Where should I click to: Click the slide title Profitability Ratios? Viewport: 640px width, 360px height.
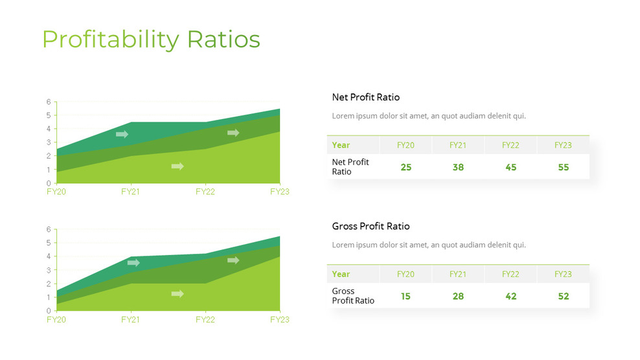pyautogui.click(x=151, y=39)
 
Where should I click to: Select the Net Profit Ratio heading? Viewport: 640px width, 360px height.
pyautogui.click(x=365, y=97)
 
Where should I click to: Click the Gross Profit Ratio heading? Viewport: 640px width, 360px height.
pyautogui.click(x=371, y=226)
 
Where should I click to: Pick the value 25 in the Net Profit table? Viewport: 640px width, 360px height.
pyautogui.click(x=406, y=167)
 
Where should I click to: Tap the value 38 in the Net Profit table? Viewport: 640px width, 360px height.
pyautogui.click(x=458, y=167)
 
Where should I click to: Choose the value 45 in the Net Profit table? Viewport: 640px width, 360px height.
pyautogui.click(x=510, y=167)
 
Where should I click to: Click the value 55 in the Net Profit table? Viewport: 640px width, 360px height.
pyautogui.click(x=563, y=167)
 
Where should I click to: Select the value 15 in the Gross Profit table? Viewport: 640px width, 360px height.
pyautogui.click(x=406, y=296)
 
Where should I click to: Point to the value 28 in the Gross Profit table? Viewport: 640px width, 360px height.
pyautogui.click(x=458, y=296)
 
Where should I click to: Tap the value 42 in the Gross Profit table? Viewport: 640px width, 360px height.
pyautogui.click(x=510, y=296)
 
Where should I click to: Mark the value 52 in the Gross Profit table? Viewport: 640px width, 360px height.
pyautogui.click(x=563, y=296)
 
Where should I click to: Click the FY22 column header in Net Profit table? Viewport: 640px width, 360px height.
pyautogui.click(x=510, y=145)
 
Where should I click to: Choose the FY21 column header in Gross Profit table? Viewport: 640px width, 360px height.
pyautogui.click(x=458, y=274)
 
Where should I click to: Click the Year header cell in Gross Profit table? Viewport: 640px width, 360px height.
pyautogui.click(x=341, y=274)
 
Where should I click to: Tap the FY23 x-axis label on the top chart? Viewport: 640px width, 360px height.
pyautogui.click(x=279, y=192)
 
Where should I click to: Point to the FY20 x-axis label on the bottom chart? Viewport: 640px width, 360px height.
pyautogui.click(x=56, y=319)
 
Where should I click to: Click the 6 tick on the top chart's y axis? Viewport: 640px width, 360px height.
pyautogui.click(x=48, y=102)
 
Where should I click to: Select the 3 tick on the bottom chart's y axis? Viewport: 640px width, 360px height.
pyautogui.click(x=48, y=270)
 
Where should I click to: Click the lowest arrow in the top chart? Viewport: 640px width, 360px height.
pyautogui.click(x=177, y=166)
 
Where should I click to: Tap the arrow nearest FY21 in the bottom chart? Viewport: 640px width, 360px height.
pyautogui.click(x=133, y=263)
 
